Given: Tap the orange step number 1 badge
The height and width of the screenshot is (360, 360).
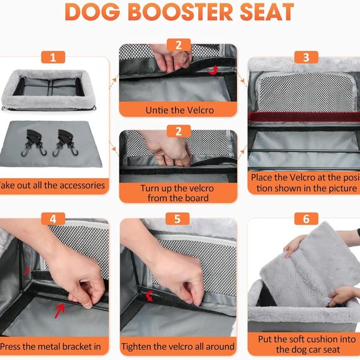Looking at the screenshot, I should [53, 58].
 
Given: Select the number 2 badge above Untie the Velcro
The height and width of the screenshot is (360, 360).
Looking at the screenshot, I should [178, 45].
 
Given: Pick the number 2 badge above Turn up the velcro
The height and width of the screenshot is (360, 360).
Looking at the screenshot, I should [178, 131].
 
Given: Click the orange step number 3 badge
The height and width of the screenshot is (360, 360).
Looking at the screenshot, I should [305, 58].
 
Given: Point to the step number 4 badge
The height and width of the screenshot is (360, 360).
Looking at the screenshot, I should [53, 218].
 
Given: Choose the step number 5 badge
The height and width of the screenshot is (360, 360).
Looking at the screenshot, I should [178, 218].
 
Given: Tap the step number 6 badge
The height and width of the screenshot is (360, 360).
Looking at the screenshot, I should [305, 218].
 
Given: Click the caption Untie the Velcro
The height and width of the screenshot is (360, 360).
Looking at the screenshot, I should [178, 110].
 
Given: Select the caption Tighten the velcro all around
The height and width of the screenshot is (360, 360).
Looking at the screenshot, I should [178, 346].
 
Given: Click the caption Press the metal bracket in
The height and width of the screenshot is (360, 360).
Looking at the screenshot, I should [53, 346].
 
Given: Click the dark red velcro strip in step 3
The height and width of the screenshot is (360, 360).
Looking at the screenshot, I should [304, 116].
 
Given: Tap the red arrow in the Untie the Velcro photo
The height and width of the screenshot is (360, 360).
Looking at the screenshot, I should [214, 70].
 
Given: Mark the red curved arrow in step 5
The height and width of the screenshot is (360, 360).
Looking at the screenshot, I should [151, 295].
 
